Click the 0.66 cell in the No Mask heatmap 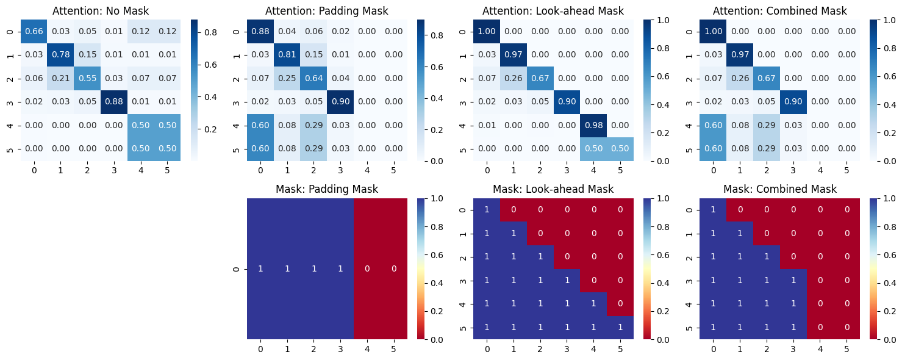(x=34, y=31)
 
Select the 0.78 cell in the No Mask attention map (x=60, y=55)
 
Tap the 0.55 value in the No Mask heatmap (x=87, y=78)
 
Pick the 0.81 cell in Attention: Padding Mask (x=287, y=55)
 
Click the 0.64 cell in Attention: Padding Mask (x=313, y=78)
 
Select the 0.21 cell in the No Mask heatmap (x=60, y=78)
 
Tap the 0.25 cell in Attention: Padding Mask (x=287, y=78)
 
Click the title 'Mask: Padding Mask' (x=327, y=189)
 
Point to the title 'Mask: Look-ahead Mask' (x=554, y=189)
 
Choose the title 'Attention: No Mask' (x=101, y=11)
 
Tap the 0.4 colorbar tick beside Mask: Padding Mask (x=437, y=283)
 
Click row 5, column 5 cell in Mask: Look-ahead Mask (x=620, y=328)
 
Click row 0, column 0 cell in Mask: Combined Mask (x=714, y=210)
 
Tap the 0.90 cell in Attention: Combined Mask (x=793, y=102)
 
